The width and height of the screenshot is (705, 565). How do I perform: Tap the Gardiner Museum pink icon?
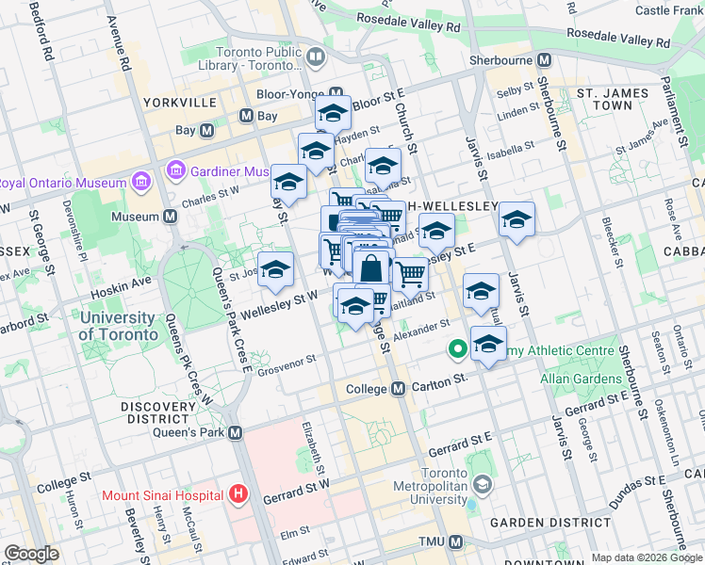pyautogui.click(x=174, y=170)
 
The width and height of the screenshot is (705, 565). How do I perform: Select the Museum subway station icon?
pyautogui.click(x=171, y=217)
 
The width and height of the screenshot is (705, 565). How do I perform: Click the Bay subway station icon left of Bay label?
pyautogui.click(x=205, y=131)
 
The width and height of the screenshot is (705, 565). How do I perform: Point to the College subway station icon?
pyautogui.click(x=398, y=389)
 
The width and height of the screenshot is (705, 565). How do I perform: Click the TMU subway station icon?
pyautogui.click(x=456, y=541)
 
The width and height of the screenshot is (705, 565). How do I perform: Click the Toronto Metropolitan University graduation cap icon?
pyautogui.click(x=483, y=484)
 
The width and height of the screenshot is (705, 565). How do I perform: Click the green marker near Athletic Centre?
pyautogui.click(x=458, y=350)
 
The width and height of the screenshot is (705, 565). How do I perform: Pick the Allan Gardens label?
pyautogui.click(x=581, y=379)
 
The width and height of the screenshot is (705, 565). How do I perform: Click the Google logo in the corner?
pyautogui.click(x=31, y=554)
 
